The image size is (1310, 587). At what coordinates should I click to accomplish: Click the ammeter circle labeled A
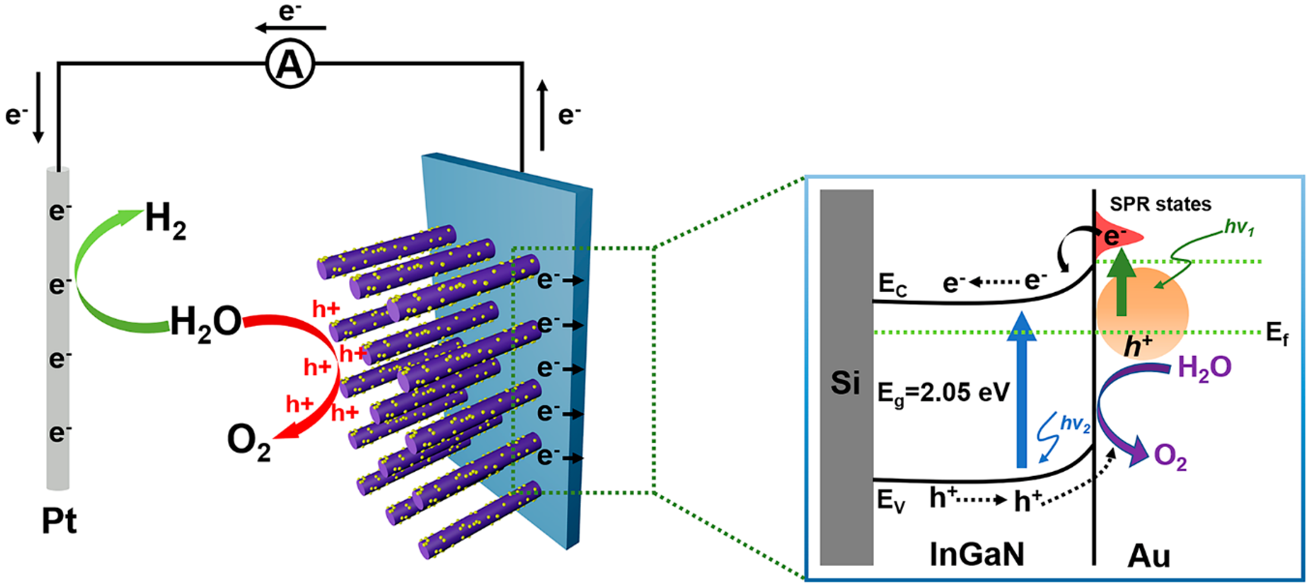coord(290,64)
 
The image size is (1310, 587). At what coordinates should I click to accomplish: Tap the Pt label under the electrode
coord(59,521)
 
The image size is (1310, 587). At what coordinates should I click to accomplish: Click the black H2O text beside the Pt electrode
coord(206,322)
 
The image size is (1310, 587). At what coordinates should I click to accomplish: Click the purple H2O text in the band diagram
coord(1204,368)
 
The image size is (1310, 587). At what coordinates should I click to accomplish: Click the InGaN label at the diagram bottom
coord(977,554)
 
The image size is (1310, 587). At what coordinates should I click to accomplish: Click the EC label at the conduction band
coord(892,286)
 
